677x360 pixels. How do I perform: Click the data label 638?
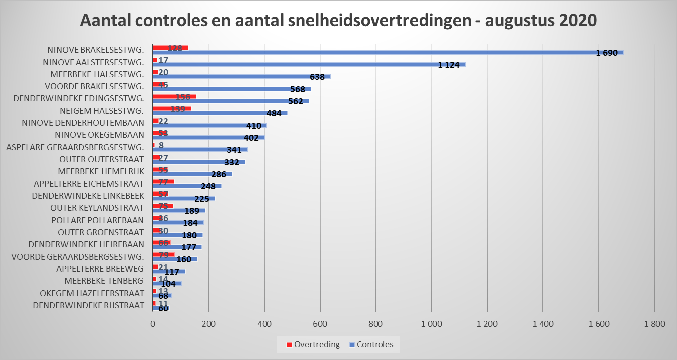point(317,77)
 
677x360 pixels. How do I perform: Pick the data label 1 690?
point(607,53)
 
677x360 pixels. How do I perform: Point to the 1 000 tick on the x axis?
point(431,323)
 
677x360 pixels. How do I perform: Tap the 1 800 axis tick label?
point(655,323)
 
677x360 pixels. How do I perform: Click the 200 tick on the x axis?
point(208,323)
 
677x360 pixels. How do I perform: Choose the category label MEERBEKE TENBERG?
point(104,281)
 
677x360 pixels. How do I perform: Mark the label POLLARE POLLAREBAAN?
point(97,220)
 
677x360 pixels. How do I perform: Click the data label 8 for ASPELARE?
point(161,145)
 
